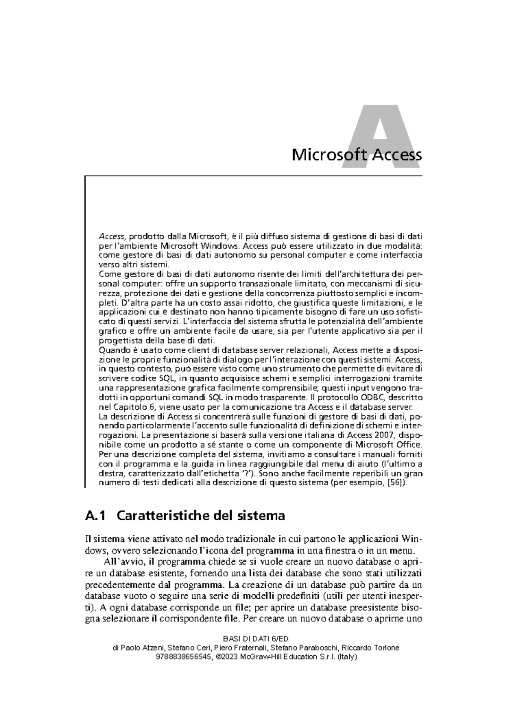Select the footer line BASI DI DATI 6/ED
256,639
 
